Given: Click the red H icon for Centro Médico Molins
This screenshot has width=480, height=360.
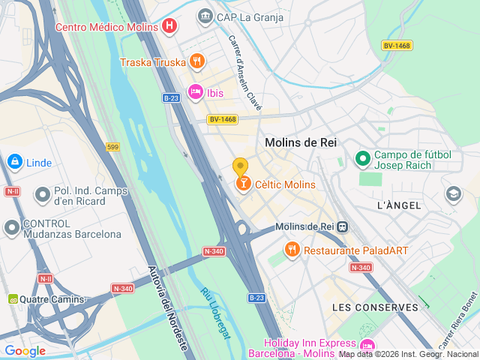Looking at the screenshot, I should (170, 27).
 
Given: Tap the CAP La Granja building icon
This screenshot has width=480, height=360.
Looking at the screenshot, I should (205, 16).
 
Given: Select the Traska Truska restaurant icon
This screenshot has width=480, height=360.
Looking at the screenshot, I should (196, 61).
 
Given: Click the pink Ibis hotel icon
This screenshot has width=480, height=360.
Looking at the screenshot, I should (195, 91).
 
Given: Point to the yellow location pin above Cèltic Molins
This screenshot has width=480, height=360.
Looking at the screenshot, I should (240, 166).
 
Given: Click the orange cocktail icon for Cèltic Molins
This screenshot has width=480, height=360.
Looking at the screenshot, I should (243, 184).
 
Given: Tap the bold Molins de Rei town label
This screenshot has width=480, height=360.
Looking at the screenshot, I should (300, 142).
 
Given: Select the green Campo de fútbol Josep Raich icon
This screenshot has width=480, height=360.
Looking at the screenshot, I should (363, 158).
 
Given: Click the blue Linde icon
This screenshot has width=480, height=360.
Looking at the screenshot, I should (14, 162).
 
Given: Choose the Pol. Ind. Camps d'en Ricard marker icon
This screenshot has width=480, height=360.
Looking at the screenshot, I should (43, 196).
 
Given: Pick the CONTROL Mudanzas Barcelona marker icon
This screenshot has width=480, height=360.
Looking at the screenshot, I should (12, 226).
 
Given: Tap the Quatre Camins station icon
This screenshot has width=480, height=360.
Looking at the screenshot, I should (13, 299).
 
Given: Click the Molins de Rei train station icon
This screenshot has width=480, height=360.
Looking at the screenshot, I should (342, 226).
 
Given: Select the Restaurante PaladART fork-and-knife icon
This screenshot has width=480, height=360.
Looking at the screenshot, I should (292, 249).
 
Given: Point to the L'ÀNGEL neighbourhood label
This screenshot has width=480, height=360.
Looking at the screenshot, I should (398, 205).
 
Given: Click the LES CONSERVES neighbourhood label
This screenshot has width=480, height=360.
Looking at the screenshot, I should (375, 307).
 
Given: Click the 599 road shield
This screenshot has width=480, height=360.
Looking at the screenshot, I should (112, 147).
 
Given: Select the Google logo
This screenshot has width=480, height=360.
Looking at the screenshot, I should (25, 350).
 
